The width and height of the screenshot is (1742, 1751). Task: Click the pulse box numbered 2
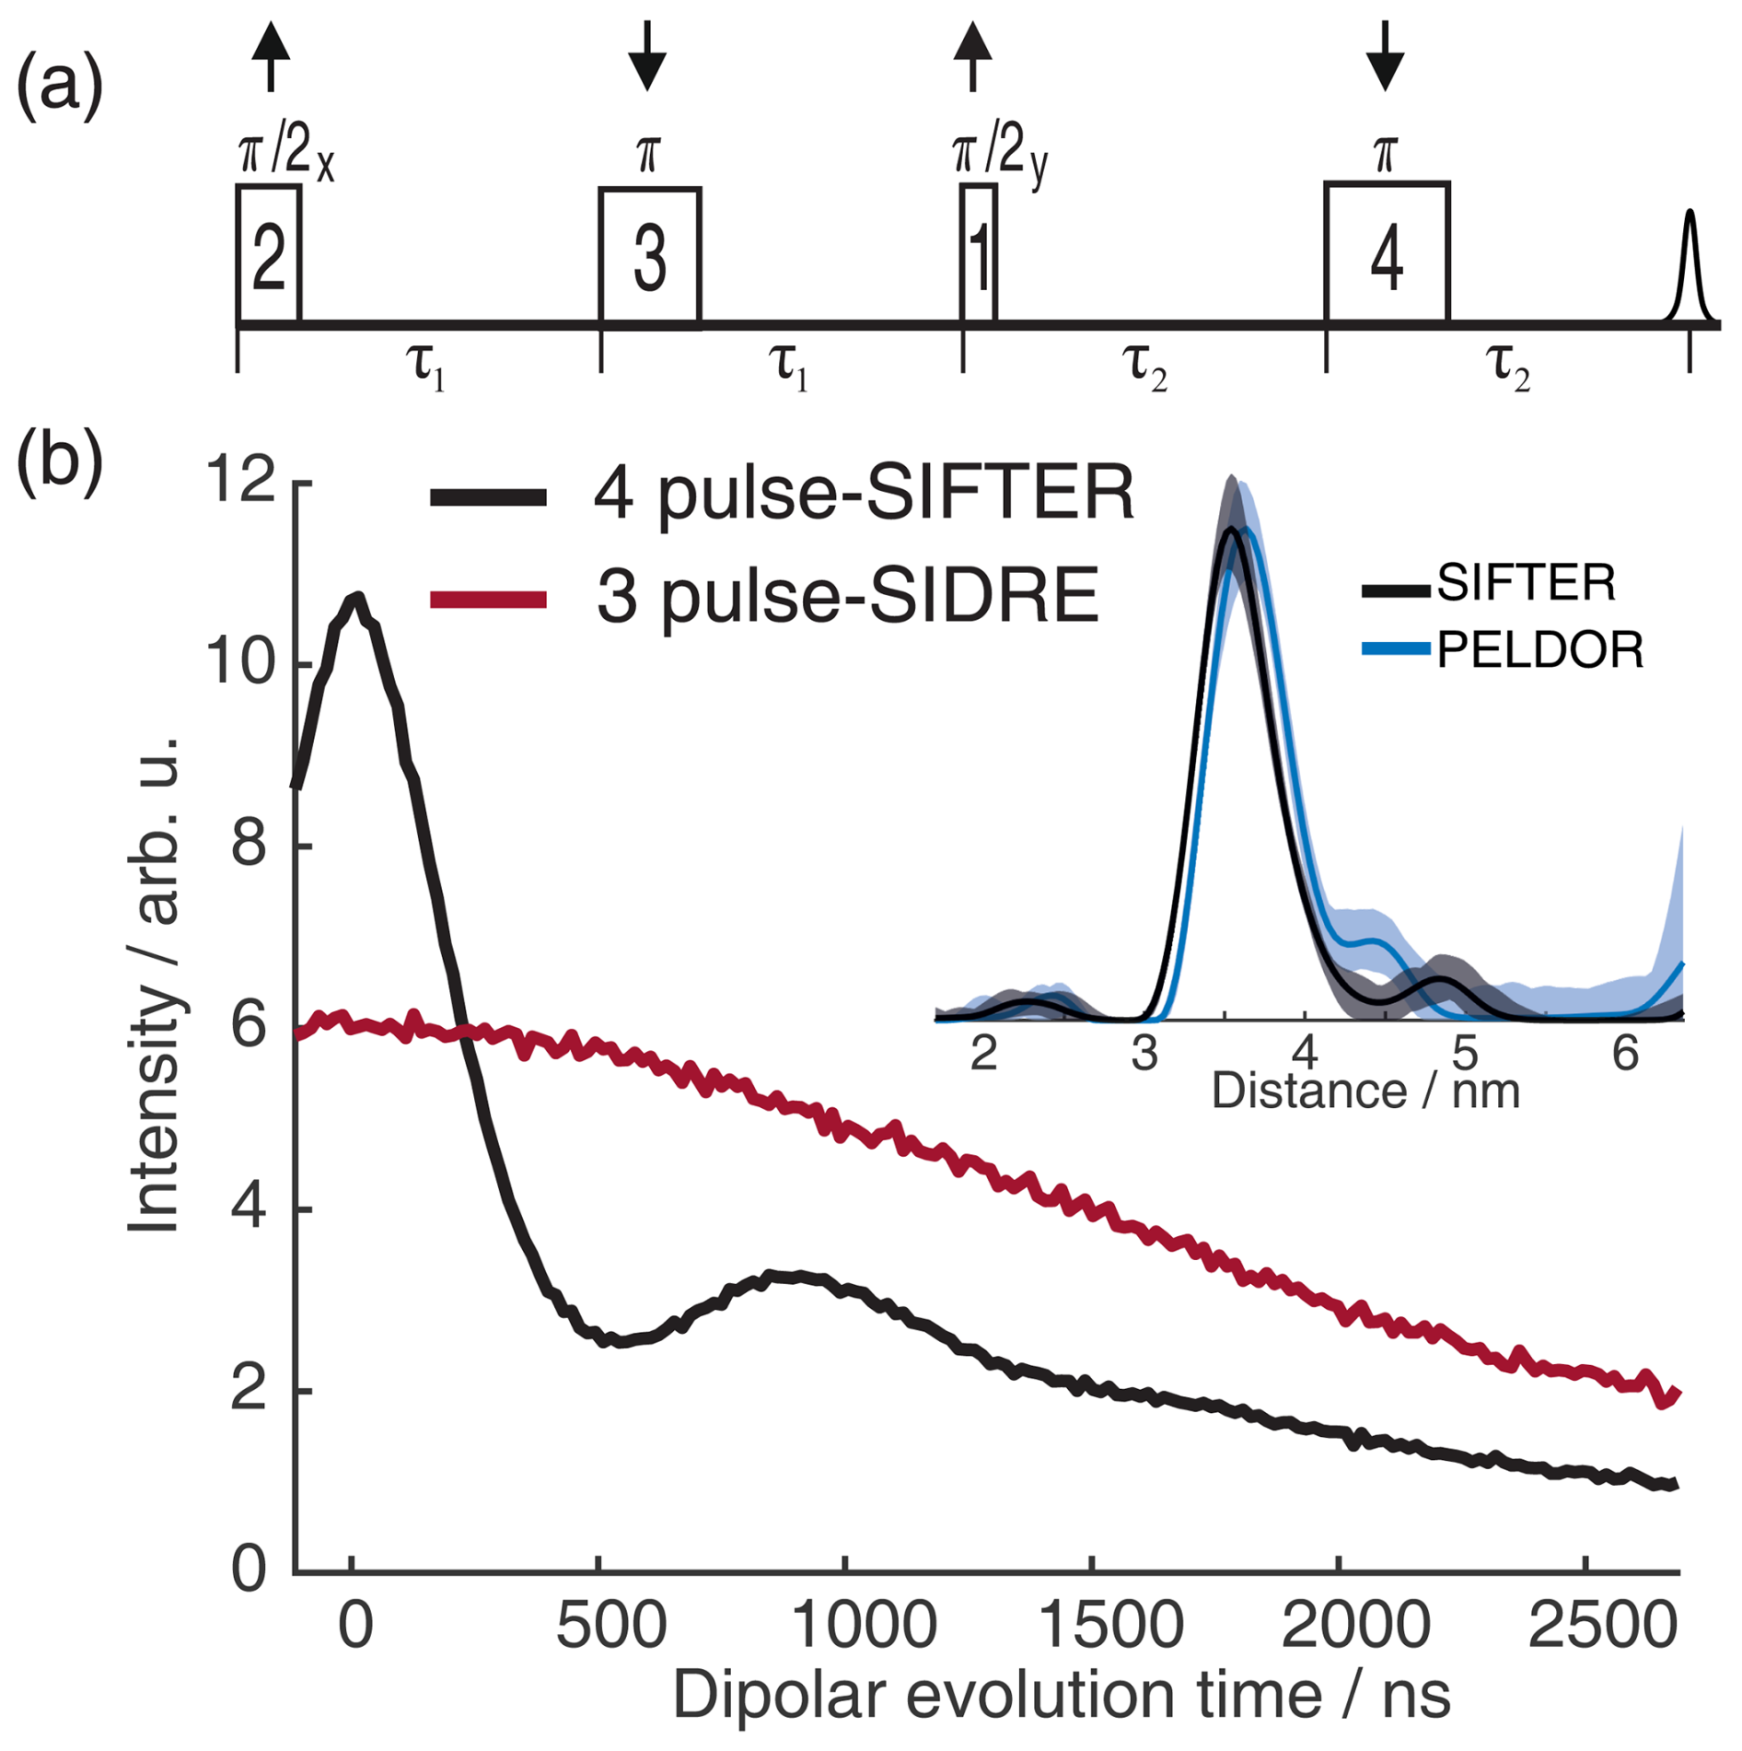click(x=268, y=254)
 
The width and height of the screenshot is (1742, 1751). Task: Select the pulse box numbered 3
click(x=649, y=256)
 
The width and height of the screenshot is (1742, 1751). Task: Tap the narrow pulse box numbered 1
click(x=978, y=253)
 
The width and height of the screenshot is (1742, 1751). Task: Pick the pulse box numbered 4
click(x=1386, y=252)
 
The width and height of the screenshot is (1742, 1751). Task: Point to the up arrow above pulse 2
click(x=270, y=55)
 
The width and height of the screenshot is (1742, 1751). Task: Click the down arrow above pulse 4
click(x=1385, y=55)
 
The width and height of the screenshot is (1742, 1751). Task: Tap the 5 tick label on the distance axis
click(x=1464, y=1052)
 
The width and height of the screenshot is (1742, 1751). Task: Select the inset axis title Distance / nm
click(x=1365, y=1091)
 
